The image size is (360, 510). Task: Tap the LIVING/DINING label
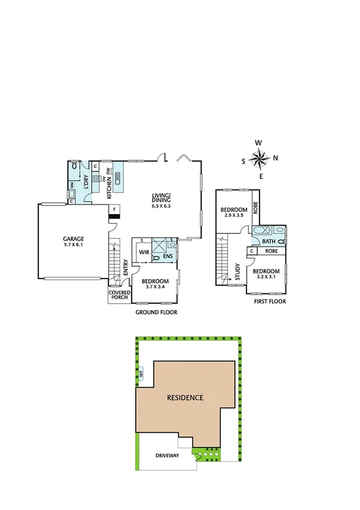click(x=161, y=197)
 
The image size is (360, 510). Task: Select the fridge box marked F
click(x=114, y=209)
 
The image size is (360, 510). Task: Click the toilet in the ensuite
click(x=157, y=257)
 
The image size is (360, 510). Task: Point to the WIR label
click(x=144, y=253)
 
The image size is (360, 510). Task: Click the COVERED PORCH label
click(x=115, y=295)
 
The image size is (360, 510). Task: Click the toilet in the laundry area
click(x=74, y=166)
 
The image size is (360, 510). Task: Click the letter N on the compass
click(x=275, y=159)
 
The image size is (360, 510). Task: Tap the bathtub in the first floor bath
click(x=261, y=232)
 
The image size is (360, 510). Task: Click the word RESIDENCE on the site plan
click(x=185, y=398)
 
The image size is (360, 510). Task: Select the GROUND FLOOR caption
click(x=156, y=313)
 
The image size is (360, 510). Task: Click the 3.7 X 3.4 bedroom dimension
click(x=154, y=286)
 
